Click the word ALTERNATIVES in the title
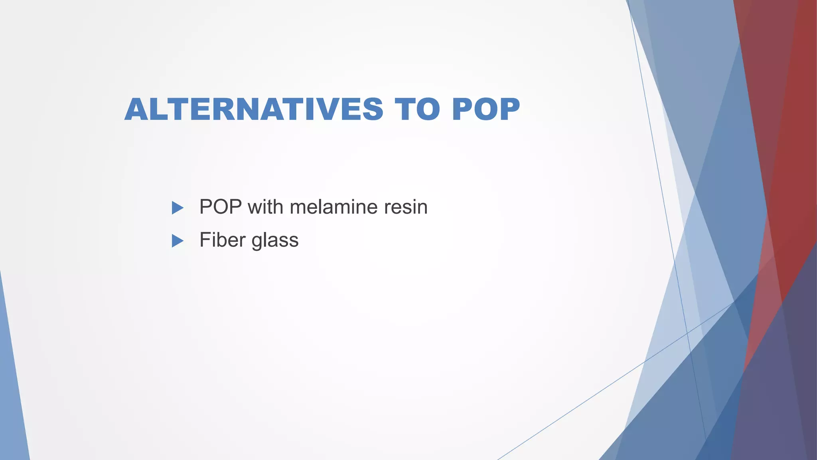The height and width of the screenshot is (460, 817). [x=254, y=109]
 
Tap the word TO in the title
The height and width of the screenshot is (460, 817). [x=417, y=109]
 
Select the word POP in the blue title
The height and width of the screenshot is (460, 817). [x=486, y=109]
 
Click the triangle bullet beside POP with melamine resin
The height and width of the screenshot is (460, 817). [x=177, y=208]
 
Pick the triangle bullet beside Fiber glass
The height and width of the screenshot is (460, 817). [x=177, y=241]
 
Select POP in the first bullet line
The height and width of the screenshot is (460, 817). [x=220, y=207]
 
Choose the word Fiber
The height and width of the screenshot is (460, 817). [x=222, y=240]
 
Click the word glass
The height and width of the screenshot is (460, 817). [x=275, y=241]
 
